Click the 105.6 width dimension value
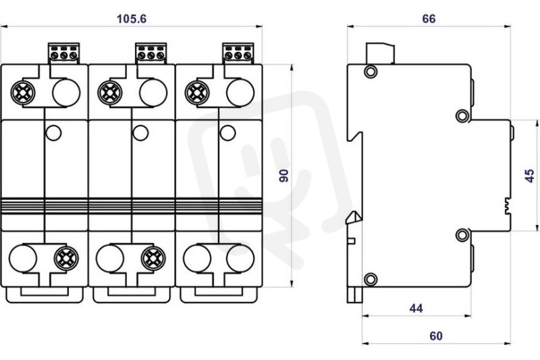click(132, 19)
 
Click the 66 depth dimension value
click(429, 19)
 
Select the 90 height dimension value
click(284, 176)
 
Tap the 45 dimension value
click(529, 176)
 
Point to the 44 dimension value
click(416, 308)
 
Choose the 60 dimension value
click(436, 336)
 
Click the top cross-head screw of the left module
click(23, 93)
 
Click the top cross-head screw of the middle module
click(110, 93)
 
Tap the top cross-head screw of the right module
click(197, 93)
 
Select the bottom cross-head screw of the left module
click(66, 259)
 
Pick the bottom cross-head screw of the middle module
click(153, 259)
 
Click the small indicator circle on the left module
click(53, 133)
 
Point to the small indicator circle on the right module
click(227, 133)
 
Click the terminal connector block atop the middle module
click(151, 53)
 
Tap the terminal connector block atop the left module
click(63, 53)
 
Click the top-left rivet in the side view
click(371, 72)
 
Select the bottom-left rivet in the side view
click(371, 279)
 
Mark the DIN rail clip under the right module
click(219, 295)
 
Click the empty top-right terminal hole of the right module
click(240, 93)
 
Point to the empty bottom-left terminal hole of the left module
click(23, 259)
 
